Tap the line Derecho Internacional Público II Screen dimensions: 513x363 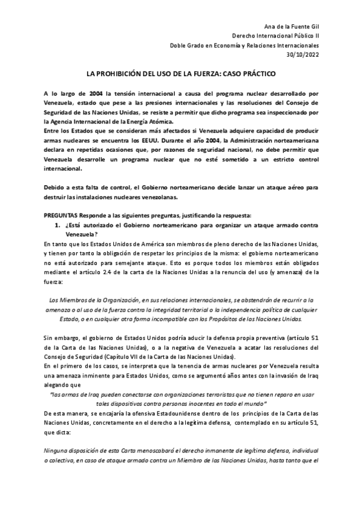(276, 35)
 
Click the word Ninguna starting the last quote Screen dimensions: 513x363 (56, 451)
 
